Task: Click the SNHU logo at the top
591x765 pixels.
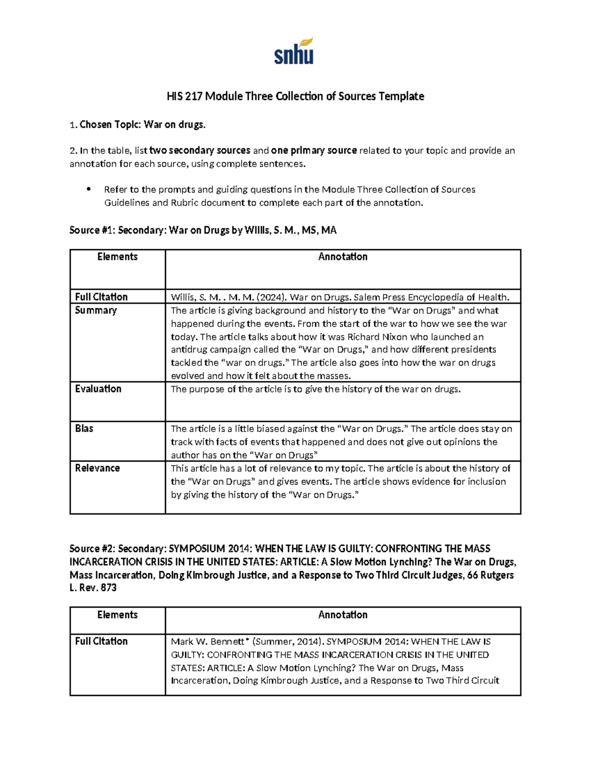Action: coord(294,51)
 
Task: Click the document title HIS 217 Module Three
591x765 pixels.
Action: coord(295,96)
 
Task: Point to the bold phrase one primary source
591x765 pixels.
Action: coord(314,151)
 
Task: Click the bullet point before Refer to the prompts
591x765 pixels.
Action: coord(89,189)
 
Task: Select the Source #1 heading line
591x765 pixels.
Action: coord(203,230)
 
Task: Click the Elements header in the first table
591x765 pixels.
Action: coord(117,257)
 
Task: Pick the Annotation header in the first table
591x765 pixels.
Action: coord(342,257)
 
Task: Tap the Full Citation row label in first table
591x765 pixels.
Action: coord(101,297)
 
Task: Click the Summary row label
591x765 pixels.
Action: coord(96,310)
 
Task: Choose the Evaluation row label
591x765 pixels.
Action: coord(98,389)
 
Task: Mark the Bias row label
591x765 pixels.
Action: coord(84,429)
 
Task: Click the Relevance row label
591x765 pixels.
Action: coord(97,468)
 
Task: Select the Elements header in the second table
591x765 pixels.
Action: coord(117,615)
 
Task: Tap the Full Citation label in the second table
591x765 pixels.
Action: coord(101,641)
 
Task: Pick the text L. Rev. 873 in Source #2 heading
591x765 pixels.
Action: coord(93,588)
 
